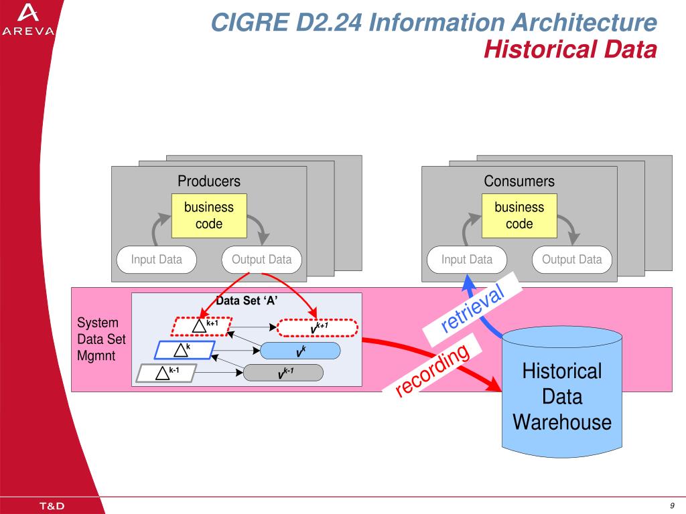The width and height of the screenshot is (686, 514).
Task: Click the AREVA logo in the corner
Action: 28,19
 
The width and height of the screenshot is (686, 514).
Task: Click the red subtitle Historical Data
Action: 570,49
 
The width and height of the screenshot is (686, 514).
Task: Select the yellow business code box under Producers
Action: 209,216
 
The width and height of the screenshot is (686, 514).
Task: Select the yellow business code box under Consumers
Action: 519,216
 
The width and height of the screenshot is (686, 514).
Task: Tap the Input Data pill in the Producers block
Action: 157,260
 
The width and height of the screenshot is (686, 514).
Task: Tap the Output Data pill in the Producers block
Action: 262,260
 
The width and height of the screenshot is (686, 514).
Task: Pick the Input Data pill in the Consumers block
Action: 467,260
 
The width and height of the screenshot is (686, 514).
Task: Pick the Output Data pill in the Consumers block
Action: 572,260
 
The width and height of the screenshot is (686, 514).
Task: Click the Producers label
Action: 209,181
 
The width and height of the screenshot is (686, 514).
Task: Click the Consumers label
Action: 519,181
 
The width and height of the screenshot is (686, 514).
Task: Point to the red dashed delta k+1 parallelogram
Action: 201,327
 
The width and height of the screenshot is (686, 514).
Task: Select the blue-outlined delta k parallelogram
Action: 185,350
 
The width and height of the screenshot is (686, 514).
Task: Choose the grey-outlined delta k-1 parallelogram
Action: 166,373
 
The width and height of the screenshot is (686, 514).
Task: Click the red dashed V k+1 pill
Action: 318,328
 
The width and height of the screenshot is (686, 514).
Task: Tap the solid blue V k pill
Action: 300,351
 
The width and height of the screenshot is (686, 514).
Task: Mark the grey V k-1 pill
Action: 283,373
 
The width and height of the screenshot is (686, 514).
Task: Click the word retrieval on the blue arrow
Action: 472,308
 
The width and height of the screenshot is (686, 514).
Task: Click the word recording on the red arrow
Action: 432,369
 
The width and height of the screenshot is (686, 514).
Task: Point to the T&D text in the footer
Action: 52,506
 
